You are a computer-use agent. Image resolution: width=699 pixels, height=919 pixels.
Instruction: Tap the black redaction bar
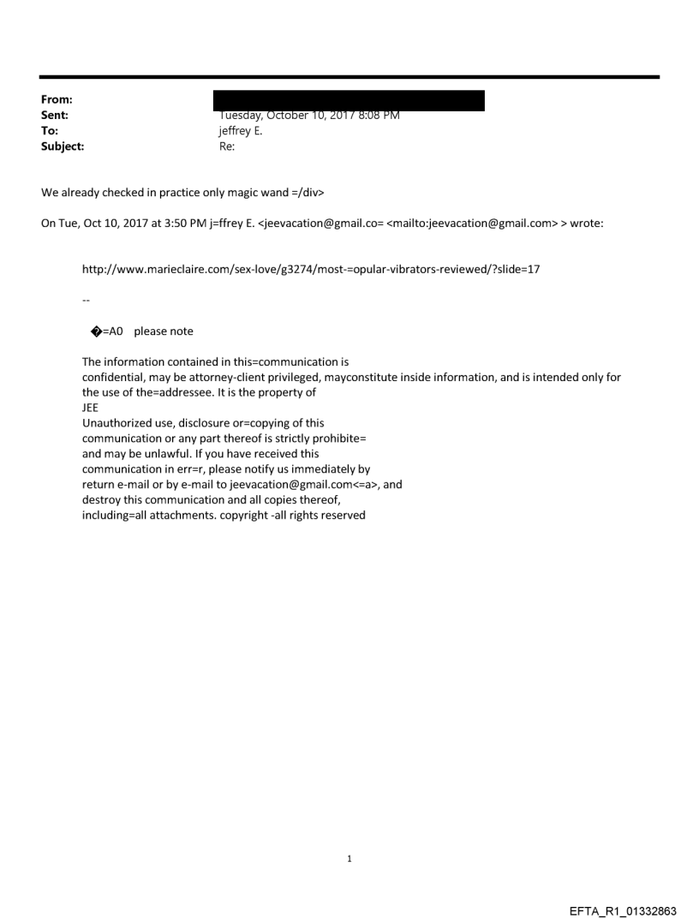click(351, 100)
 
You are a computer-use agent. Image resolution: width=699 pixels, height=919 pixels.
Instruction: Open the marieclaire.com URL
click(311, 270)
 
